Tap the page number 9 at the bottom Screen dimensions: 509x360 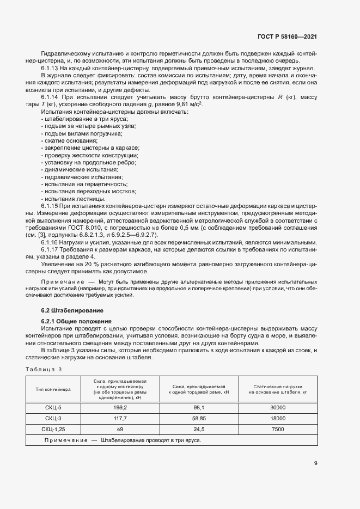tap(315, 463)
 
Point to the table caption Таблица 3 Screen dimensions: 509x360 tap(44, 369)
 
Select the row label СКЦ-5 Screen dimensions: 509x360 tap(53, 407)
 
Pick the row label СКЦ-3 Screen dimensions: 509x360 tap(53, 418)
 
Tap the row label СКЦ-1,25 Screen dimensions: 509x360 tap(53, 429)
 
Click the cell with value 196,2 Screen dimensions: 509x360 tap(120, 407)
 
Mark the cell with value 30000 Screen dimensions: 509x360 tap(277, 407)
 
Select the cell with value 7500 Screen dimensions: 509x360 tap(277, 429)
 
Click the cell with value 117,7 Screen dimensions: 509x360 tap(120, 418)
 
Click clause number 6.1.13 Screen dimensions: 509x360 tap(51, 68)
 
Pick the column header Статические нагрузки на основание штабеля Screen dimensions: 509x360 tap(277, 389)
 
